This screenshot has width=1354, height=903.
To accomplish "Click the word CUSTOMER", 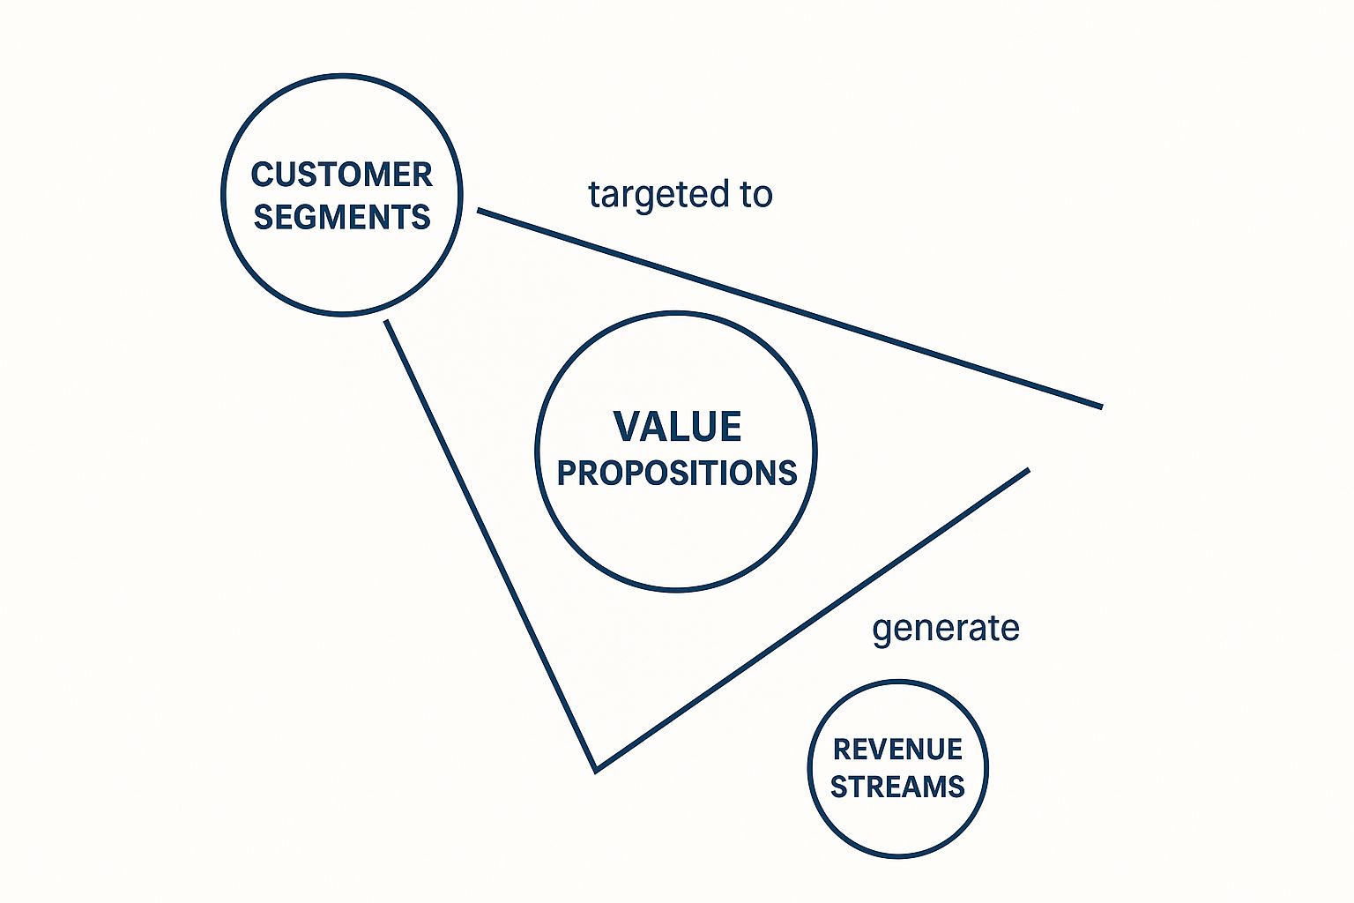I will pos(342,175).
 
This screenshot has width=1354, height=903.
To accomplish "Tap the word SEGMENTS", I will pos(342,217).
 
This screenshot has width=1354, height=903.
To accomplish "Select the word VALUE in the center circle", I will pos(677,427).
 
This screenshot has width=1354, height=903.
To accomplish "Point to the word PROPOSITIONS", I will pos(677,474).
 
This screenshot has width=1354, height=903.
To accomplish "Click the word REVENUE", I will pos(897,750).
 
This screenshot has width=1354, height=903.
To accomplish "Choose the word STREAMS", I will pos(897,787).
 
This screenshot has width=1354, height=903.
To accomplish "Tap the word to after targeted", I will pos(756,195).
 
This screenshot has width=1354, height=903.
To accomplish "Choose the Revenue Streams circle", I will pos(897,829).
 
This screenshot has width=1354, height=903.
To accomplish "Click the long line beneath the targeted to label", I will pos(789,309).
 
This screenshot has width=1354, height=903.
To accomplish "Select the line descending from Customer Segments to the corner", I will pos(490,544).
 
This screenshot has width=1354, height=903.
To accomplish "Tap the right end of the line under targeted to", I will pos(1100,407).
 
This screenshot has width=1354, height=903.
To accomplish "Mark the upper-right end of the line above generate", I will pos(1027,470).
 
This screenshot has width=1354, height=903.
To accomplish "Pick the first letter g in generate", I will pos(882,631).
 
